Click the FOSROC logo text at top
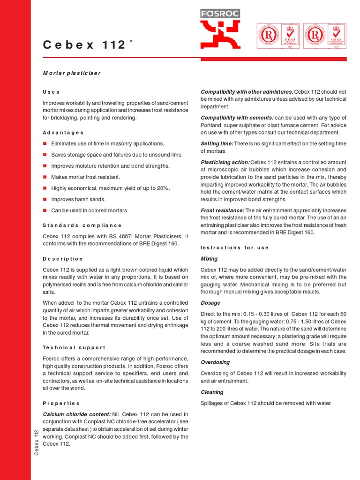220,14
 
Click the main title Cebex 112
85,45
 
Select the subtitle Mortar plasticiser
72,73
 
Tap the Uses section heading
51,92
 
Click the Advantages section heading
63,133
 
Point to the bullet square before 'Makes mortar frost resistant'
45,177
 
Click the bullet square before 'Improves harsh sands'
45,199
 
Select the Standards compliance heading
82,225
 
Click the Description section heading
63,259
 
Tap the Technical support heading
74,348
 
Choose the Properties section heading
61,403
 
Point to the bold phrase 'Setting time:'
217,143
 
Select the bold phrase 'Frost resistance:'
223,210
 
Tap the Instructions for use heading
234,247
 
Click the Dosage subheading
210,303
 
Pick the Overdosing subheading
215,362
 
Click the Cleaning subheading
212,392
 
